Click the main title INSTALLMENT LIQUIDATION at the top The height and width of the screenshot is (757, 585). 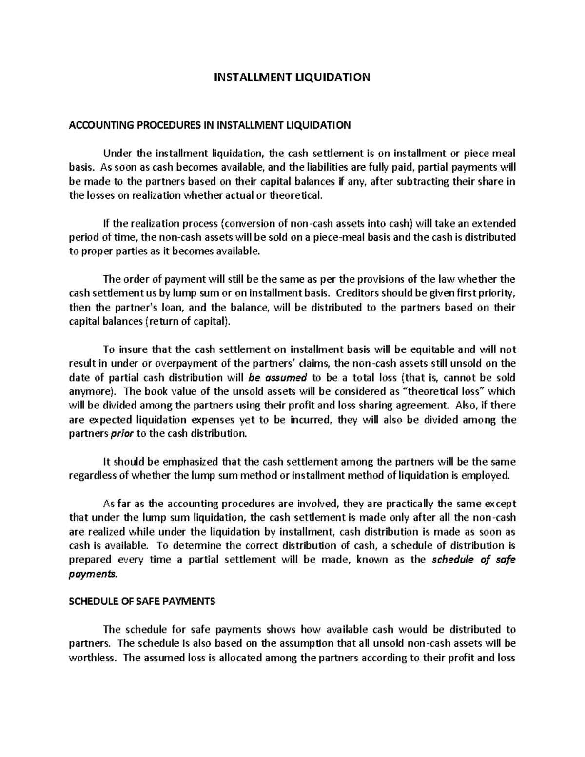click(292, 77)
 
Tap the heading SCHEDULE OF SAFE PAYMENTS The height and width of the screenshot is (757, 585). click(142, 602)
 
